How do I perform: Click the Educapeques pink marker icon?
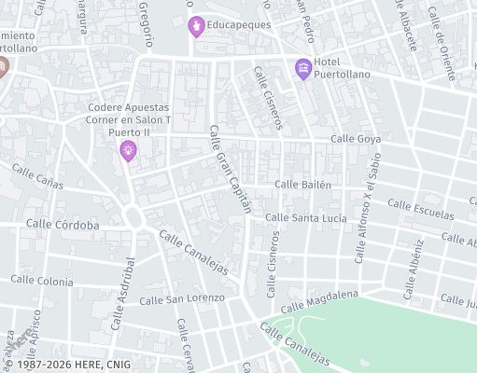195,25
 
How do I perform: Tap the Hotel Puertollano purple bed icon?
302,67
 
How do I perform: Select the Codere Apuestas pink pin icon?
128,149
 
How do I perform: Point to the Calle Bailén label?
302,185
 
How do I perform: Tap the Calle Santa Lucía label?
305,218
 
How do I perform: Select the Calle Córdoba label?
63,225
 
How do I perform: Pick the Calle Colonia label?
42,281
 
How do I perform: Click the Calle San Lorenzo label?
182,299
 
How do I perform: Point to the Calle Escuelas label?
421,209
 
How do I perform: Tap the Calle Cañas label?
37,177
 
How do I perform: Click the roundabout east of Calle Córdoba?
133,219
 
